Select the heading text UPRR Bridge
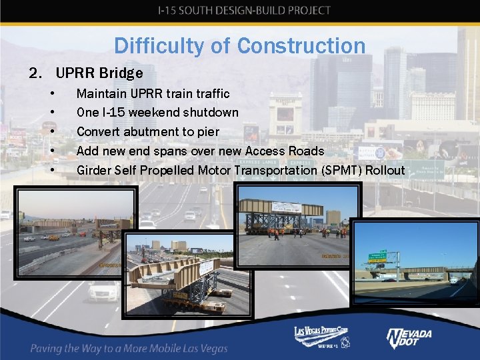pyautogui.click(x=99, y=72)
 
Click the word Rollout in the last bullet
pyautogui.click(x=385, y=171)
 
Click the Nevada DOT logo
pyautogui.click(x=409, y=339)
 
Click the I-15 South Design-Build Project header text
pyautogui.click(x=243, y=10)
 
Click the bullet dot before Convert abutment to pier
pyautogui.click(x=51, y=132)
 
